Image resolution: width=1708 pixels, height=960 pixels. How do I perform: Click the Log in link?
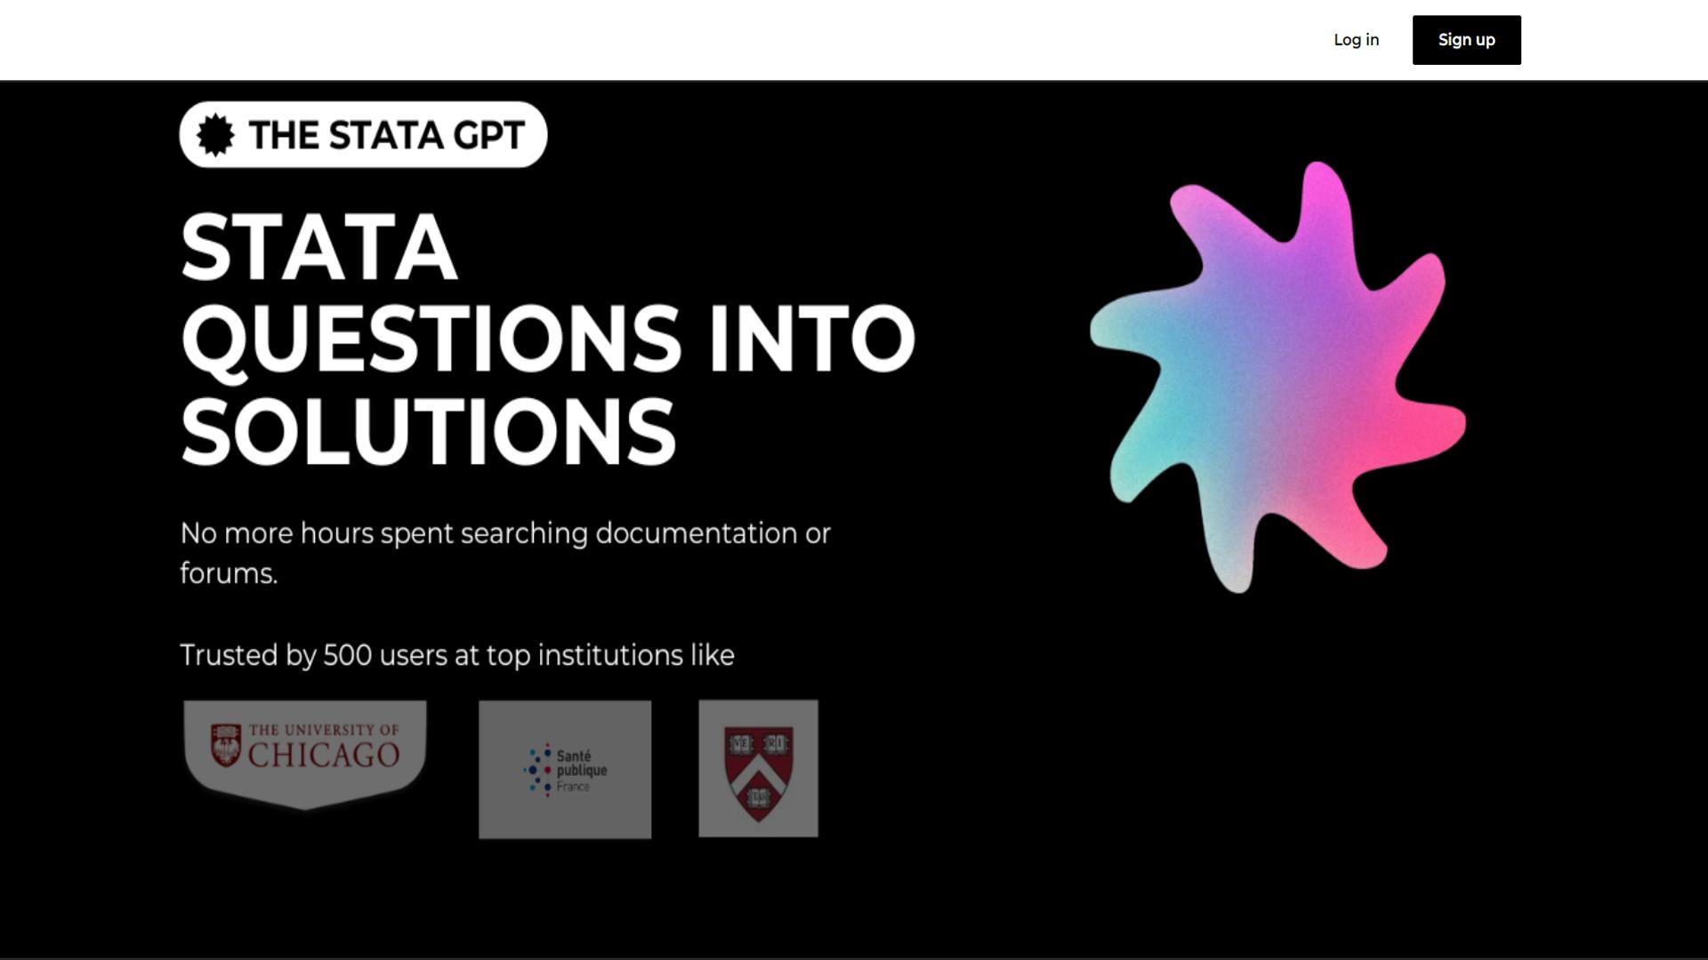click(1356, 40)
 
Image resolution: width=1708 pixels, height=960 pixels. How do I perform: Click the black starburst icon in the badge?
click(215, 135)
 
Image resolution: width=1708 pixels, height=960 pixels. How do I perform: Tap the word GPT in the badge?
click(488, 135)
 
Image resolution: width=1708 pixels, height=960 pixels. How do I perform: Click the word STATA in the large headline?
click(319, 248)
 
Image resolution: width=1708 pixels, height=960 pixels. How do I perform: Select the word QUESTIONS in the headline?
click(431, 340)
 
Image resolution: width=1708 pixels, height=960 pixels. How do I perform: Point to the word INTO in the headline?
click(811, 340)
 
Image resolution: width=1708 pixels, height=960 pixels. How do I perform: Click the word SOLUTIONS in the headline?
click(429, 432)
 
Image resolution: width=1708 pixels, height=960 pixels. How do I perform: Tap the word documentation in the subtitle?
click(696, 533)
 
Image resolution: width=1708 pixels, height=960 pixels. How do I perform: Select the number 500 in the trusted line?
click(347, 655)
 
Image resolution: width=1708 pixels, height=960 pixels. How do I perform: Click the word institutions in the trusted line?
click(610, 655)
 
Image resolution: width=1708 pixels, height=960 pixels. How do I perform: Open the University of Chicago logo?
click(305, 755)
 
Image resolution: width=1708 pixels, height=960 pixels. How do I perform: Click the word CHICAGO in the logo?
click(324, 756)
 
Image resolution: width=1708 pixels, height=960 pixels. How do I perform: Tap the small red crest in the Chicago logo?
click(226, 745)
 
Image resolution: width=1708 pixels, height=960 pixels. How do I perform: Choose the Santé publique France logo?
click(565, 770)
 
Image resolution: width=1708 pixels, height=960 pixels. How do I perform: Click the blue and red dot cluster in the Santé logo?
click(538, 770)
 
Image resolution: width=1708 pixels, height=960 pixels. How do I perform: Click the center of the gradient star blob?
click(1278, 377)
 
